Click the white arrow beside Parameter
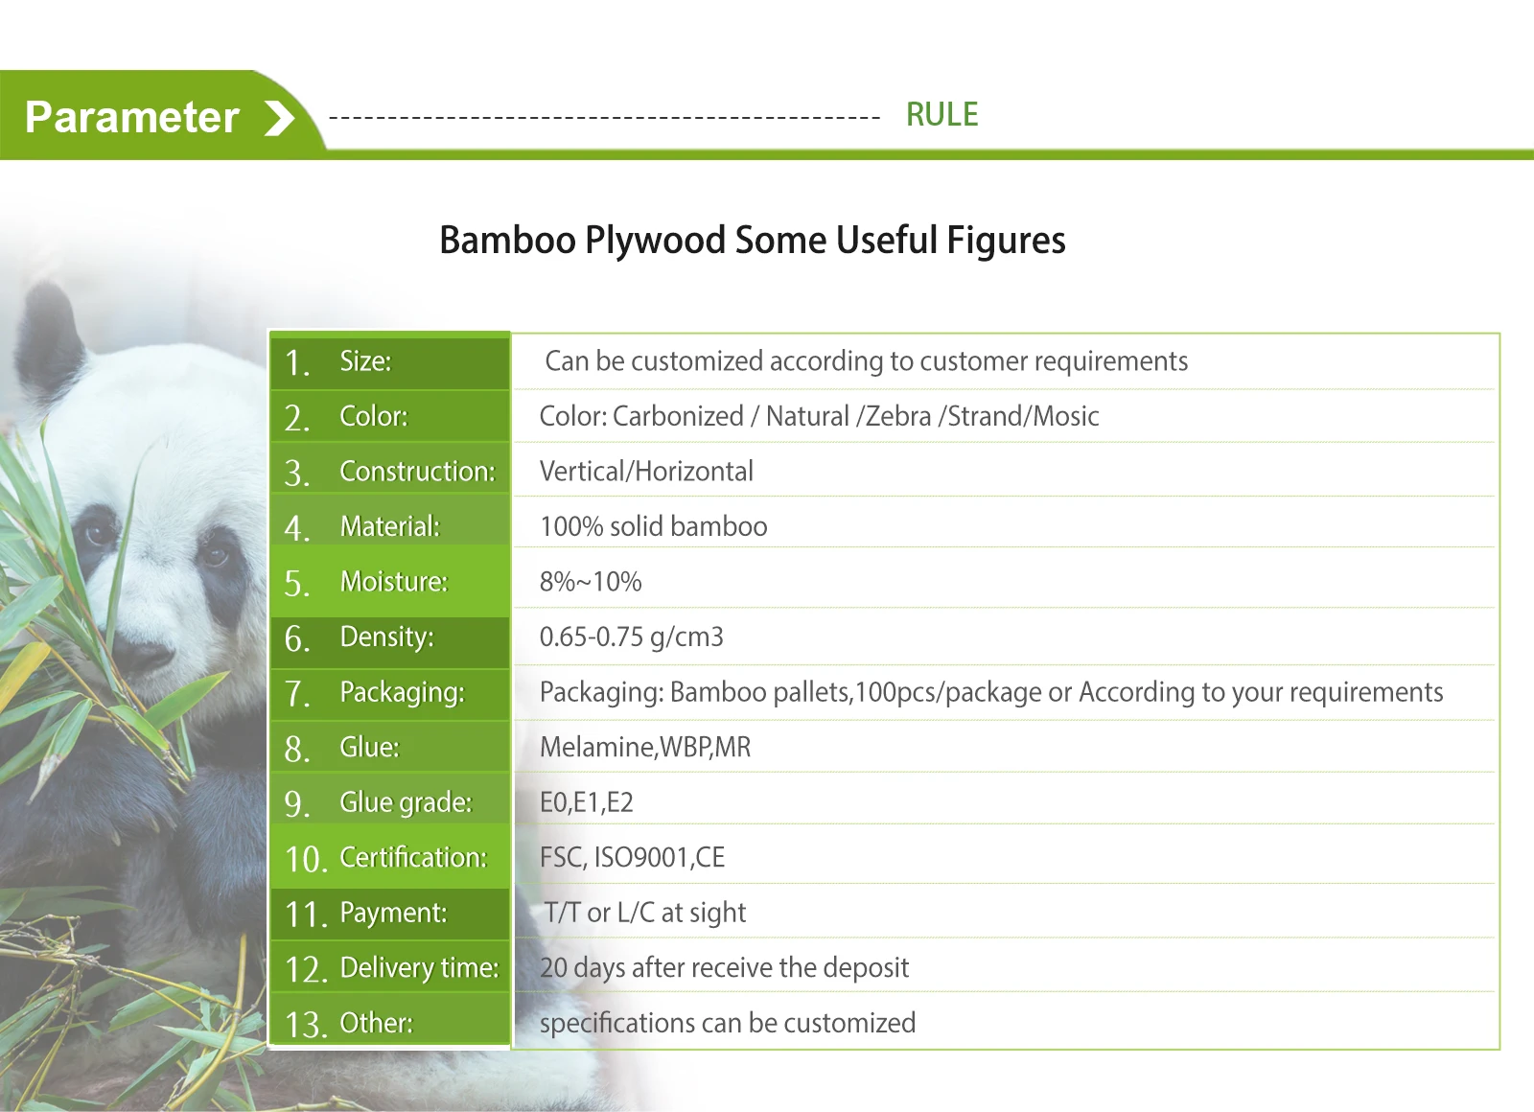point(280,118)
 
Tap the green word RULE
point(941,114)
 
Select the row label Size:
point(365,360)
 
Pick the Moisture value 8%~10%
point(591,582)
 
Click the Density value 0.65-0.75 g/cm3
point(632,637)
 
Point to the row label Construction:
point(418,471)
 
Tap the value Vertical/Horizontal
point(646,471)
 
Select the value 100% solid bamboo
point(653,526)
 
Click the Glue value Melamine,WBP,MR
point(645,747)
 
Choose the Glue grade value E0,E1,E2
point(586,802)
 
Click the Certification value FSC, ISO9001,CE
point(632,857)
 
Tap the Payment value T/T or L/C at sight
point(644,913)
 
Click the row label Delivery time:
point(420,968)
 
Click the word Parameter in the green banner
point(132,118)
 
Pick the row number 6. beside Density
point(297,639)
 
